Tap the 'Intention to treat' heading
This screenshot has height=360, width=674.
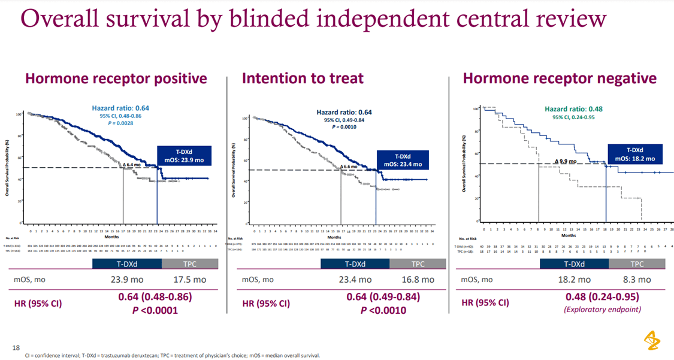coord(303,78)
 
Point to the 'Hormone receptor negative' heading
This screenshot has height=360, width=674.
coord(560,78)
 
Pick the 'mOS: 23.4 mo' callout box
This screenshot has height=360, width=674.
coord(403,160)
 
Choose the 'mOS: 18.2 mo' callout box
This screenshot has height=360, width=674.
coord(635,155)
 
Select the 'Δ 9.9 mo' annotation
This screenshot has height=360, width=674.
coord(565,161)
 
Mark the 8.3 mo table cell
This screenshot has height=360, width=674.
coord(636,279)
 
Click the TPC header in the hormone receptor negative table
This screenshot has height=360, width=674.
coord(636,264)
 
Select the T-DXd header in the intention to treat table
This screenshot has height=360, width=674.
coord(354,264)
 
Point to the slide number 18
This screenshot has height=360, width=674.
coord(16,347)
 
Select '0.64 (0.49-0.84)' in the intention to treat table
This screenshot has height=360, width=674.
coord(383,297)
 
